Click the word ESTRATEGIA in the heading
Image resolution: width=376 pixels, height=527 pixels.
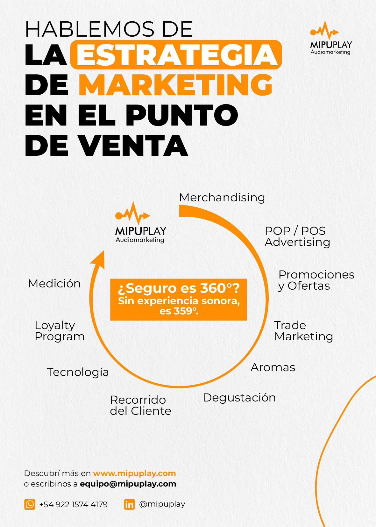tap(176, 54)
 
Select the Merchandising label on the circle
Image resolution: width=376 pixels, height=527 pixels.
tap(222, 198)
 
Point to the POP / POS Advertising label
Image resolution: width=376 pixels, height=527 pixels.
tap(297, 236)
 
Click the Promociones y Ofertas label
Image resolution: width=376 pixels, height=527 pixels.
tap(316, 280)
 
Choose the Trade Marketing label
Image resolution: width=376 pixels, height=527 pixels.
tap(303, 331)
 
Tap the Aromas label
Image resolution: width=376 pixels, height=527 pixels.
tap(273, 367)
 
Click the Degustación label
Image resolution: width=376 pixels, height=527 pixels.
tap(239, 398)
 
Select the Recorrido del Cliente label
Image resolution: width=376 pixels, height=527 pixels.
tap(140, 405)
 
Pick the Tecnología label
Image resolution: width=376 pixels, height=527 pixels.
tap(78, 372)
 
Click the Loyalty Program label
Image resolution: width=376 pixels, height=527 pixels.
tap(60, 331)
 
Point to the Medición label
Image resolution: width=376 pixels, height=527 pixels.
tap(54, 284)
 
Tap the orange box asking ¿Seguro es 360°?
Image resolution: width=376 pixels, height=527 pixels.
tap(178, 300)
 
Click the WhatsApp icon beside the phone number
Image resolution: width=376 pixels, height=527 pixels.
tap(30, 504)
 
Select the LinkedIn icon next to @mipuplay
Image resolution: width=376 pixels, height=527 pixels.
tap(129, 504)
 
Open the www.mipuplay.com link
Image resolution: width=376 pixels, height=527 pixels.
tap(134, 473)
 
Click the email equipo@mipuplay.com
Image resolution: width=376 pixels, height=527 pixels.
tap(128, 484)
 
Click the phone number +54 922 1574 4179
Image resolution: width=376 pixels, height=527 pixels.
tap(73, 504)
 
